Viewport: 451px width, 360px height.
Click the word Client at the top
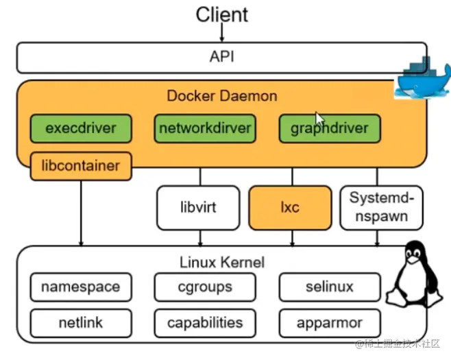tap(221, 14)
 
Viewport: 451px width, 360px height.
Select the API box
tap(221, 57)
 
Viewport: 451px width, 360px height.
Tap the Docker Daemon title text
tap(222, 96)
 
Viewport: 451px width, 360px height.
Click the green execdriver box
tap(81, 128)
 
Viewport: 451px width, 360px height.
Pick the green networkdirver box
tap(205, 128)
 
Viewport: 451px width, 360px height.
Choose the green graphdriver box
tap(329, 128)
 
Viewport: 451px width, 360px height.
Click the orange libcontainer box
tap(81, 166)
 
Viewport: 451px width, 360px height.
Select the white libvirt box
tap(199, 207)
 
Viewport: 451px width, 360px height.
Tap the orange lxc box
tap(290, 207)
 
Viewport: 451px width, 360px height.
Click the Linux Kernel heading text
tap(221, 262)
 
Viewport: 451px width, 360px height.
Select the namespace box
tap(80, 287)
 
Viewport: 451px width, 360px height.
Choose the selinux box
tap(329, 287)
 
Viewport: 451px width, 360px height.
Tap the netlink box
tap(80, 322)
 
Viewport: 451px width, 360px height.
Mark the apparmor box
tap(329, 322)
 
